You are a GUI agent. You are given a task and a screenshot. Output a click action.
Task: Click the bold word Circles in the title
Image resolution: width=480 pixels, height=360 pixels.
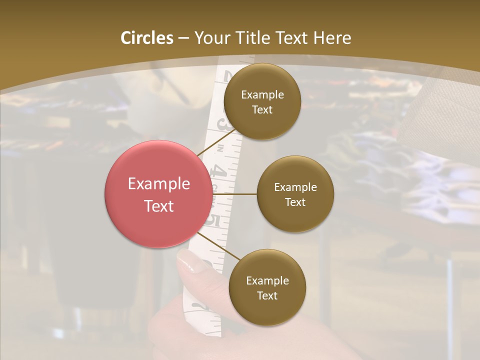coord(147,38)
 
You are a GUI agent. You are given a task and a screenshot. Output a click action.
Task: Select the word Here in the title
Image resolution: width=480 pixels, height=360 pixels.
coord(332,38)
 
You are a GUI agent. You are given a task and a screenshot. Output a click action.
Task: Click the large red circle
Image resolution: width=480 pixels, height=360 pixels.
coord(158,194)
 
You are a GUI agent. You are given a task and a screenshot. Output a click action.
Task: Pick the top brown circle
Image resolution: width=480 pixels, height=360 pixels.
coord(262,101)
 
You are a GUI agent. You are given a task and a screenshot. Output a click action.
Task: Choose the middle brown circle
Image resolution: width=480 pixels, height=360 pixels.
coord(295,194)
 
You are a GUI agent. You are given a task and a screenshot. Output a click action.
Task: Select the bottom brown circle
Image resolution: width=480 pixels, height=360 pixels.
coord(267,287)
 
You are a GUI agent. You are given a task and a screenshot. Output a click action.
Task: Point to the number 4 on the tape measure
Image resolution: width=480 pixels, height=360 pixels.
coord(218,173)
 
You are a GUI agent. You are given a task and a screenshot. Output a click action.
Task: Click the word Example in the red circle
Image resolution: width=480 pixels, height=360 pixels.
coord(159,184)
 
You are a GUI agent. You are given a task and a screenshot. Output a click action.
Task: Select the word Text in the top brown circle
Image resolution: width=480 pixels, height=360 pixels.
coord(262,109)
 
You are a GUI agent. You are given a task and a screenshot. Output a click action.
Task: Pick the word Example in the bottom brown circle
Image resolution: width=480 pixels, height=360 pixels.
coord(267,280)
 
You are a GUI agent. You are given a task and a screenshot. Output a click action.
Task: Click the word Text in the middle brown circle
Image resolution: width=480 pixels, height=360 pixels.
coord(295,202)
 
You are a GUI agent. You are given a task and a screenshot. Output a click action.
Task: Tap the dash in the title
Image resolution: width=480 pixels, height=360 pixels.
coord(183,38)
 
